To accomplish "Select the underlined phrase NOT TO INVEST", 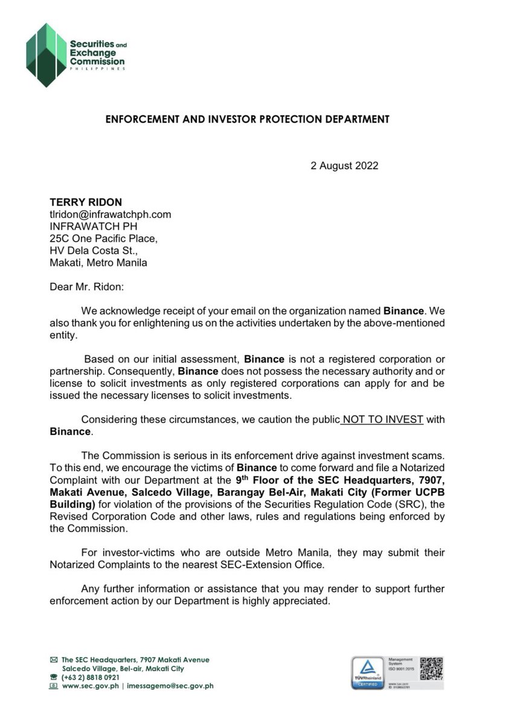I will (382, 420).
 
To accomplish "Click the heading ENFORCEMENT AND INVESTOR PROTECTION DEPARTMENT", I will (248, 119).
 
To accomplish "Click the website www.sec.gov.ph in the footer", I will (89, 686).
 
